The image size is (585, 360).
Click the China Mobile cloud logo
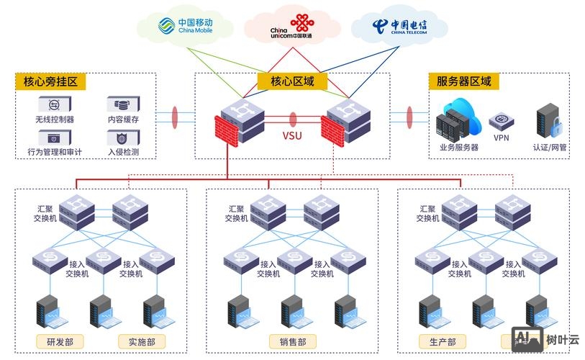coord(186,27)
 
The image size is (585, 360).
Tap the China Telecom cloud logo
coord(399,27)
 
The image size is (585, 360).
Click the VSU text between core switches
coord(291,135)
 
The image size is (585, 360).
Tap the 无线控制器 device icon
coord(54,104)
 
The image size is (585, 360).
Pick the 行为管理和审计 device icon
coord(54,137)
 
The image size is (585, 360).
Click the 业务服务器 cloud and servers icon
coord(458,122)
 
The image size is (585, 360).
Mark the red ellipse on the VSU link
coord(292,119)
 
